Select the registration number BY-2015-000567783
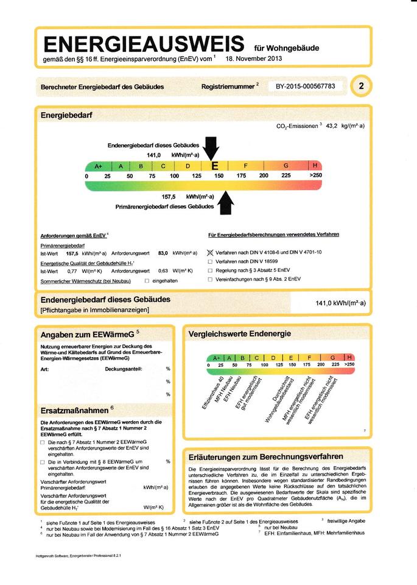click(305, 87)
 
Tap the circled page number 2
click(361, 86)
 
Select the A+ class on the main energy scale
click(98, 166)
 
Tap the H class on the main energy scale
click(315, 165)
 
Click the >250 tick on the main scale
click(315, 175)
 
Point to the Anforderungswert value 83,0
click(163, 252)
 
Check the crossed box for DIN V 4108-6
click(210, 252)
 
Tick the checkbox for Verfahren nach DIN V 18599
click(210, 261)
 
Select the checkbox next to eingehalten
click(147, 281)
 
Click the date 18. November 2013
click(253, 59)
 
